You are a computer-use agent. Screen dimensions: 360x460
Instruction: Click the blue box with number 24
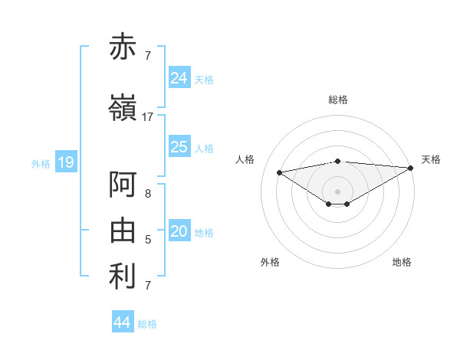click(x=179, y=77)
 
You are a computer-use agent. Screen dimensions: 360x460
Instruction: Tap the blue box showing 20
click(x=179, y=231)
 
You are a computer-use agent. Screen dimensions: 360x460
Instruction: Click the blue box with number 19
click(x=65, y=162)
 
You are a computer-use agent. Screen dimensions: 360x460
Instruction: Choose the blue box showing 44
click(x=123, y=322)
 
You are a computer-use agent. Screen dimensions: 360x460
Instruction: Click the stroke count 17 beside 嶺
click(x=148, y=117)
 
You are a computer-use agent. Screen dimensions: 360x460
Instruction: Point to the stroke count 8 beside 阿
click(x=148, y=194)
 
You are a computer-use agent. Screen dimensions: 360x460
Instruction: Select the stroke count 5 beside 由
click(x=148, y=240)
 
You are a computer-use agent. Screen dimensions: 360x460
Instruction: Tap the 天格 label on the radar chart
click(x=431, y=159)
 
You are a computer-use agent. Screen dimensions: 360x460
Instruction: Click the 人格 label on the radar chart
click(x=245, y=159)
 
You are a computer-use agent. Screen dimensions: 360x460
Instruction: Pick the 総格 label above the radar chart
click(x=338, y=100)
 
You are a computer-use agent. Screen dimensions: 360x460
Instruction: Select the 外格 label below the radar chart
click(x=270, y=262)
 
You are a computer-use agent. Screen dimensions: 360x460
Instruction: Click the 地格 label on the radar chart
click(x=402, y=262)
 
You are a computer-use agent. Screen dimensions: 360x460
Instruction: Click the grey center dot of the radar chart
click(x=337, y=190)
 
